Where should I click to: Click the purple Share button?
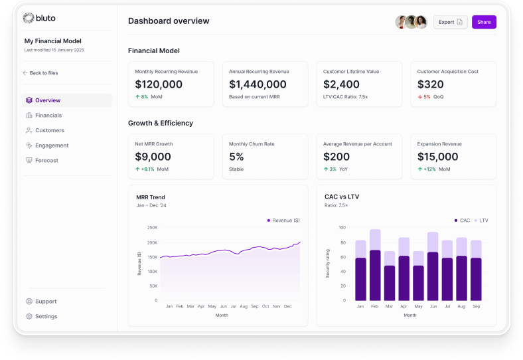[x=484, y=22]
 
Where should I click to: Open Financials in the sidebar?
[x=48, y=116]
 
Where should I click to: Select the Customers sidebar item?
[x=49, y=130]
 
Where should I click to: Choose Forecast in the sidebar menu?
[x=46, y=160]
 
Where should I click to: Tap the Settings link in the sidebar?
[x=46, y=316]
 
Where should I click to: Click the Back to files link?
[x=43, y=73]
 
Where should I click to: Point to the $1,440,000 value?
[x=258, y=84]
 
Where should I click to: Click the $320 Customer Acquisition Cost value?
[x=431, y=84]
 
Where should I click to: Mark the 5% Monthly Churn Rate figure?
[x=236, y=157]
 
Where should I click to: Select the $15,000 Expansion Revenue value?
[x=437, y=157]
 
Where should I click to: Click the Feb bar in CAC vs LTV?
[x=375, y=266]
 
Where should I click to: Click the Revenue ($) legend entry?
[x=283, y=220]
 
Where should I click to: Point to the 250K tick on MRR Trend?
[x=152, y=227]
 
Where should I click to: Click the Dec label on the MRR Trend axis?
[x=287, y=306]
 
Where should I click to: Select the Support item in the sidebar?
[x=46, y=302]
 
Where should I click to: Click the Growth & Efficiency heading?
[x=161, y=123]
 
